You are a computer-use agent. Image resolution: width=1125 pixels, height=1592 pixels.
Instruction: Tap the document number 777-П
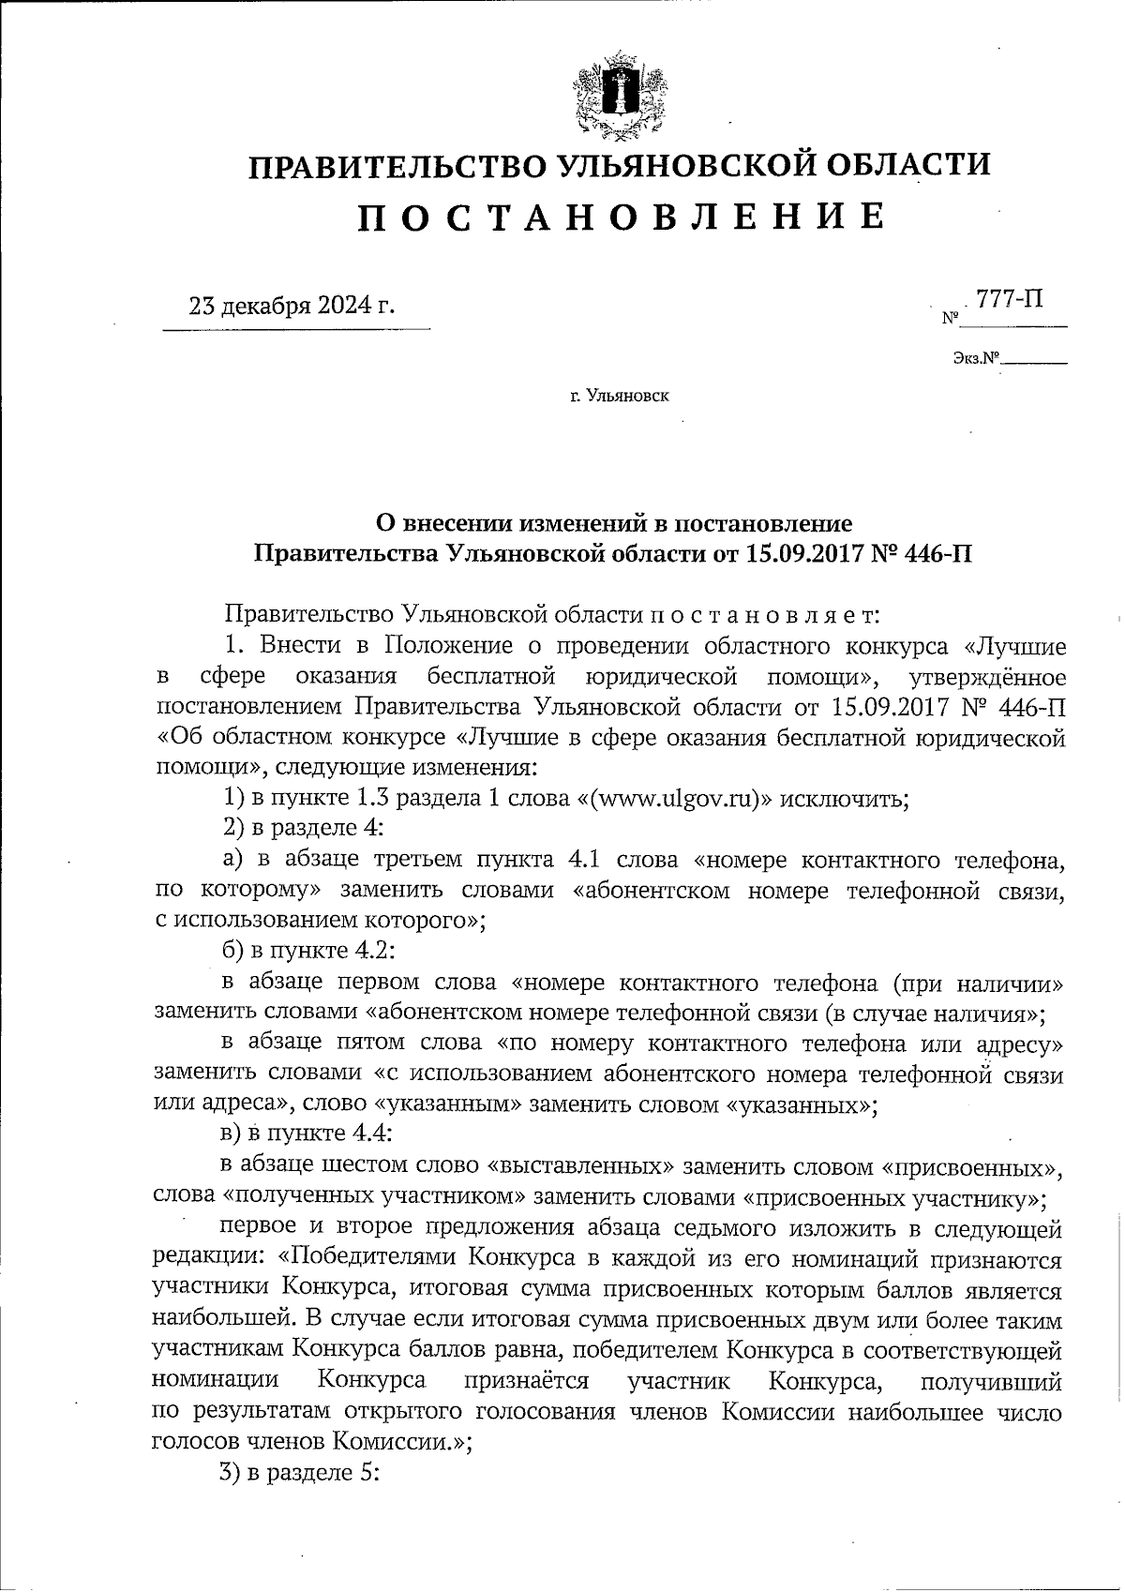(1009, 299)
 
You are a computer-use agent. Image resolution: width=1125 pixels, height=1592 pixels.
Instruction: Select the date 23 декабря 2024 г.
(292, 306)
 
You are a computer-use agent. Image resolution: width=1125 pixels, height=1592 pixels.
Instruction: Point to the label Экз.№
(976, 358)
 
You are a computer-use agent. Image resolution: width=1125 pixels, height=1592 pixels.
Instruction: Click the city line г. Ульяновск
(619, 397)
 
